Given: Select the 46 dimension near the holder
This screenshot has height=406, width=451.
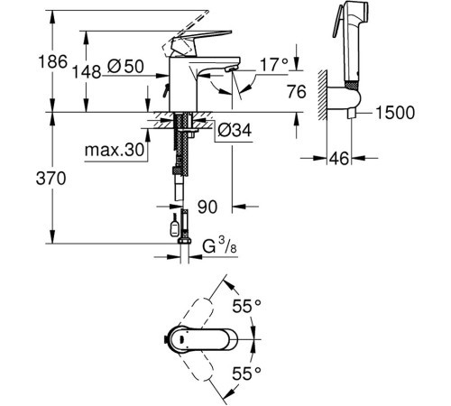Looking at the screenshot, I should click(338, 159).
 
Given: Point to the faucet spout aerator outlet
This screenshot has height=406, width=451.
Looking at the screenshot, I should click(227, 78).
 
